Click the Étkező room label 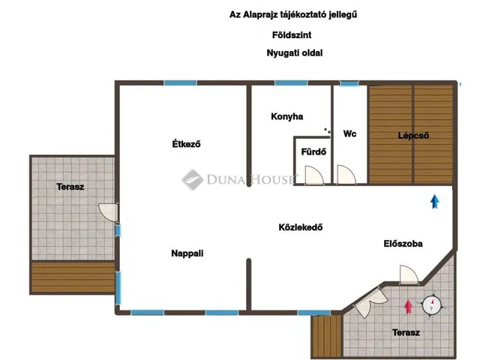point(184,144)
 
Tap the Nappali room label point(187,253)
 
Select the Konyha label point(286,117)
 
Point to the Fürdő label point(307,150)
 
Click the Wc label point(349,134)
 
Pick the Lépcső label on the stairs point(412,136)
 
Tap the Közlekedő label point(300,227)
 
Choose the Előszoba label point(403,244)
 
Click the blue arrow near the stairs point(434,200)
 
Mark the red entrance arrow point(408,305)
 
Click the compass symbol point(432,304)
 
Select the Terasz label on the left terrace point(70,186)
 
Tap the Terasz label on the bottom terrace point(406,332)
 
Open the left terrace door point(109,212)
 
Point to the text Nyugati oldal point(289,53)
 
